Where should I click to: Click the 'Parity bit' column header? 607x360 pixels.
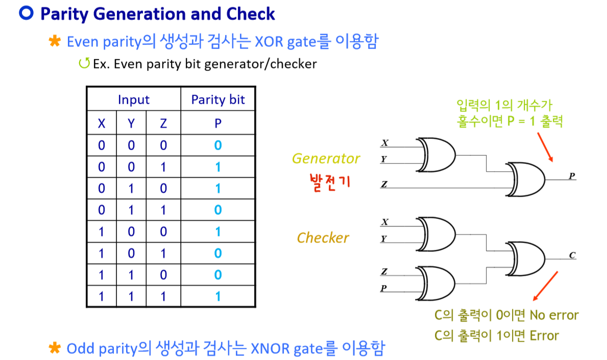click(x=218, y=100)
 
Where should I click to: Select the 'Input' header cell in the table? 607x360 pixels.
click(x=134, y=100)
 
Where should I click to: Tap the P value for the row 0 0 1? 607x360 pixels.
click(x=218, y=167)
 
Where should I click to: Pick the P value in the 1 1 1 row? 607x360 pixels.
click(x=218, y=296)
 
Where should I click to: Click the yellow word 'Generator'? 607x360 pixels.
click(x=326, y=159)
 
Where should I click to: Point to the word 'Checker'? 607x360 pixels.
click(x=323, y=238)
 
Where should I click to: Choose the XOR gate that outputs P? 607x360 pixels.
click(x=526, y=179)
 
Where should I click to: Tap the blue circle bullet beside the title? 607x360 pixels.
click(x=26, y=13)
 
